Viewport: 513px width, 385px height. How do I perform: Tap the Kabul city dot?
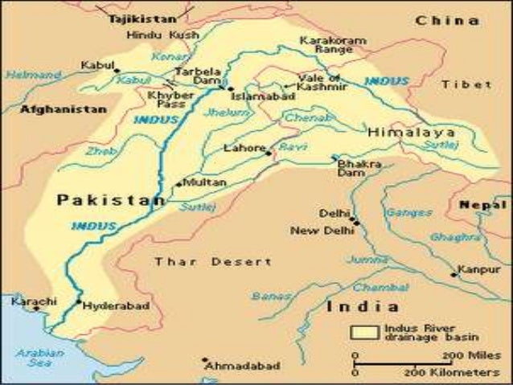coord(117,71)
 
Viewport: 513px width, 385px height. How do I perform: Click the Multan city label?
coord(205,183)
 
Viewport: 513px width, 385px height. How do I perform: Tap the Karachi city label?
coord(35,301)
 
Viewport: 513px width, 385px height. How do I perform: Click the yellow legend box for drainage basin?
coord(366,331)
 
